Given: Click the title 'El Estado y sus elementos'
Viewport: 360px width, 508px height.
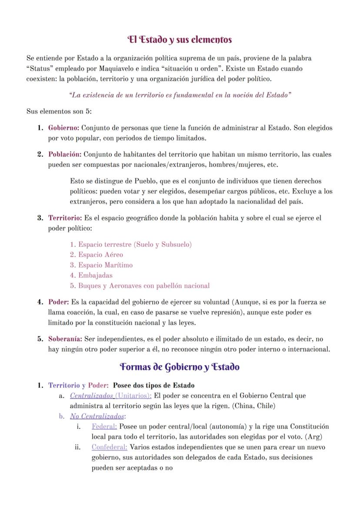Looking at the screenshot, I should [x=180, y=40].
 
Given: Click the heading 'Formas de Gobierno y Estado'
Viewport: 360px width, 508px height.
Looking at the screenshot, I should [x=180, y=367].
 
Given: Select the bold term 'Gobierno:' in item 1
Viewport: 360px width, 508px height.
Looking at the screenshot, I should [x=63, y=128].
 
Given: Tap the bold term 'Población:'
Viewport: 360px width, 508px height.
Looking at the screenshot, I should [x=65, y=154].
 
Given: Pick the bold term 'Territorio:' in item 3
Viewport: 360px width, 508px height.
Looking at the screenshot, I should [x=65, y=218].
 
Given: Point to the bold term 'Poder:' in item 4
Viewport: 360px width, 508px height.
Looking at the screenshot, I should [x=58, y=302].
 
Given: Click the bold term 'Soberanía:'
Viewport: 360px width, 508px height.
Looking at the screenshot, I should [x=65, y=339].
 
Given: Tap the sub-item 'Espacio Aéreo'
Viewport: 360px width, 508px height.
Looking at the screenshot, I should [x=100, y=255].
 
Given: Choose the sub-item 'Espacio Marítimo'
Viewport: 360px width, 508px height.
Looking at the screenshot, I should [x=105, y=265].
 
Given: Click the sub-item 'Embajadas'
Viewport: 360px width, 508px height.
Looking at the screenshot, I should [x=95, y=276].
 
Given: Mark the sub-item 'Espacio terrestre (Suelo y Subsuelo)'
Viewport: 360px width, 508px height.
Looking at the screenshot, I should [x=135, y=244].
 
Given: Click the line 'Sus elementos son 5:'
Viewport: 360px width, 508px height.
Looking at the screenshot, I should [x=59, y=111].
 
